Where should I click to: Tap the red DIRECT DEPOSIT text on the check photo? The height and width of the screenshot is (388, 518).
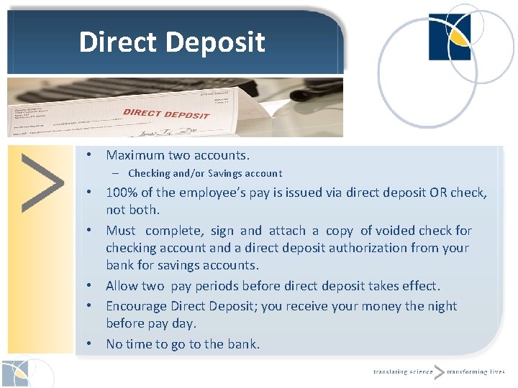tap(166, 114)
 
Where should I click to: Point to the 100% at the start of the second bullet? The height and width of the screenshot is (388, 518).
tap(120, 193)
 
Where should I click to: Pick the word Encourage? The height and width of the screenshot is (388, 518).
tap(138, 306)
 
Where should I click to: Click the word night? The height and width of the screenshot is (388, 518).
tap(441, 306)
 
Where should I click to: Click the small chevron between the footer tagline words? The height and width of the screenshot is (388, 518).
tap(439, 371)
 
